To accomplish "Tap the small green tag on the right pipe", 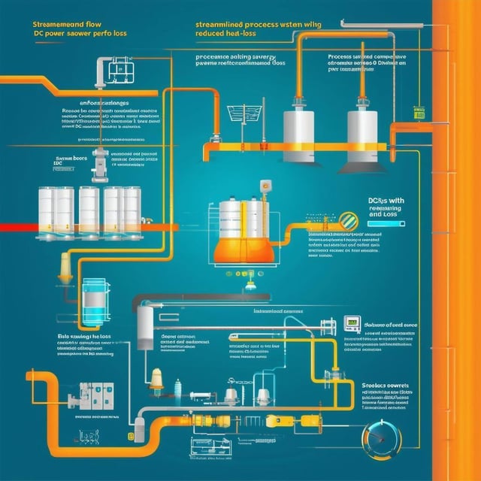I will [419, 113].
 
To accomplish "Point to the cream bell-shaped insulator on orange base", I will [156, 378].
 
